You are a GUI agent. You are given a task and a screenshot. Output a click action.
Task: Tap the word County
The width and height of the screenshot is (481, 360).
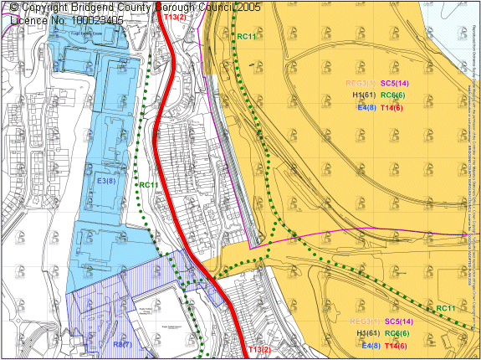(x=157, y=7)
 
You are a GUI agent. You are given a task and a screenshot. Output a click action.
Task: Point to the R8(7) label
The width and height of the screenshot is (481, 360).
(x=122, y=345)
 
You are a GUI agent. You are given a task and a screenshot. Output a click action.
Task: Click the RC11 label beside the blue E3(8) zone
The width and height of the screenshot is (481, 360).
(x=149, y=186)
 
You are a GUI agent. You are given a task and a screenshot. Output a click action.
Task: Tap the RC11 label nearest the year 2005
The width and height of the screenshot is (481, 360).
(x=247, y=36)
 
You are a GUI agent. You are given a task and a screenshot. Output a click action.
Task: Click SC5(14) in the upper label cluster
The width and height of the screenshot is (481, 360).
(x=395, y=84)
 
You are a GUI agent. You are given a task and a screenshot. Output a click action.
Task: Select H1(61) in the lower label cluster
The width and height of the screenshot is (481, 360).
(x=368, y=333)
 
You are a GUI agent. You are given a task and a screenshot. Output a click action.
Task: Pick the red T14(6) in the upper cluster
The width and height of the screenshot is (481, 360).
(x=392, y=108)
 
